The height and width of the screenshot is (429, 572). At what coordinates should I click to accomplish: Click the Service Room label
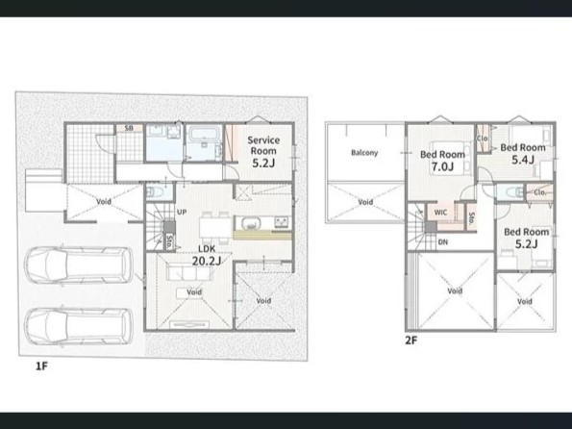click(263, 145)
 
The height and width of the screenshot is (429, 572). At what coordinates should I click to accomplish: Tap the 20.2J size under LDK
click(207, 261)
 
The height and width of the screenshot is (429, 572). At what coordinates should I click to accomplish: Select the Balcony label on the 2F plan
click(364, 153)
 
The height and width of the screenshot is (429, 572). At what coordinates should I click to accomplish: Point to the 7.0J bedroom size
click(442, 166)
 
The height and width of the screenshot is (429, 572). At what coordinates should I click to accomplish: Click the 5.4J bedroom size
click(523, 160)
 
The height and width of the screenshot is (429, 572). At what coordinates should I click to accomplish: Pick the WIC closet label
click(440, 213)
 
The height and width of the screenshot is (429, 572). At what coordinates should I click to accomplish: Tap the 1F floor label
click(41, 366)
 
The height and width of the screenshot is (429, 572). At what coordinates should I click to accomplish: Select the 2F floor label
click(410, 341)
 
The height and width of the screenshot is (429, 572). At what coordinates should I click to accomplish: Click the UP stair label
click(182, 212)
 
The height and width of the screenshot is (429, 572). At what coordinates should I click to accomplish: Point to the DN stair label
click(442, 241)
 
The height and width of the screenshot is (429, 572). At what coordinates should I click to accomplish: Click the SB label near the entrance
click(129, 128)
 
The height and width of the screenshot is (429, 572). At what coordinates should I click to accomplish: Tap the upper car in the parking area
click(79, 265)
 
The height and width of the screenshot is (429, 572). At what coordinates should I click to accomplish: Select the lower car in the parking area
click(79, 326)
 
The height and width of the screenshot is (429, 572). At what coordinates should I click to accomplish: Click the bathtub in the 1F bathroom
click(204, 134)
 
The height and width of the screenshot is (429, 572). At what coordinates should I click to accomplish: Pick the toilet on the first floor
click(154, 191)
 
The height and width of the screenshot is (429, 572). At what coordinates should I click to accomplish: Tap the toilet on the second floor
click(514, 191)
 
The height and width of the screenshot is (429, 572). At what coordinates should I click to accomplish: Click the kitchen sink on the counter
click(250, 223)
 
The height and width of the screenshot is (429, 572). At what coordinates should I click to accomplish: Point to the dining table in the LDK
click(215, 228)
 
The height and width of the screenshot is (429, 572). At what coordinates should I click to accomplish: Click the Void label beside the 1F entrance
click(104, 201)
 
